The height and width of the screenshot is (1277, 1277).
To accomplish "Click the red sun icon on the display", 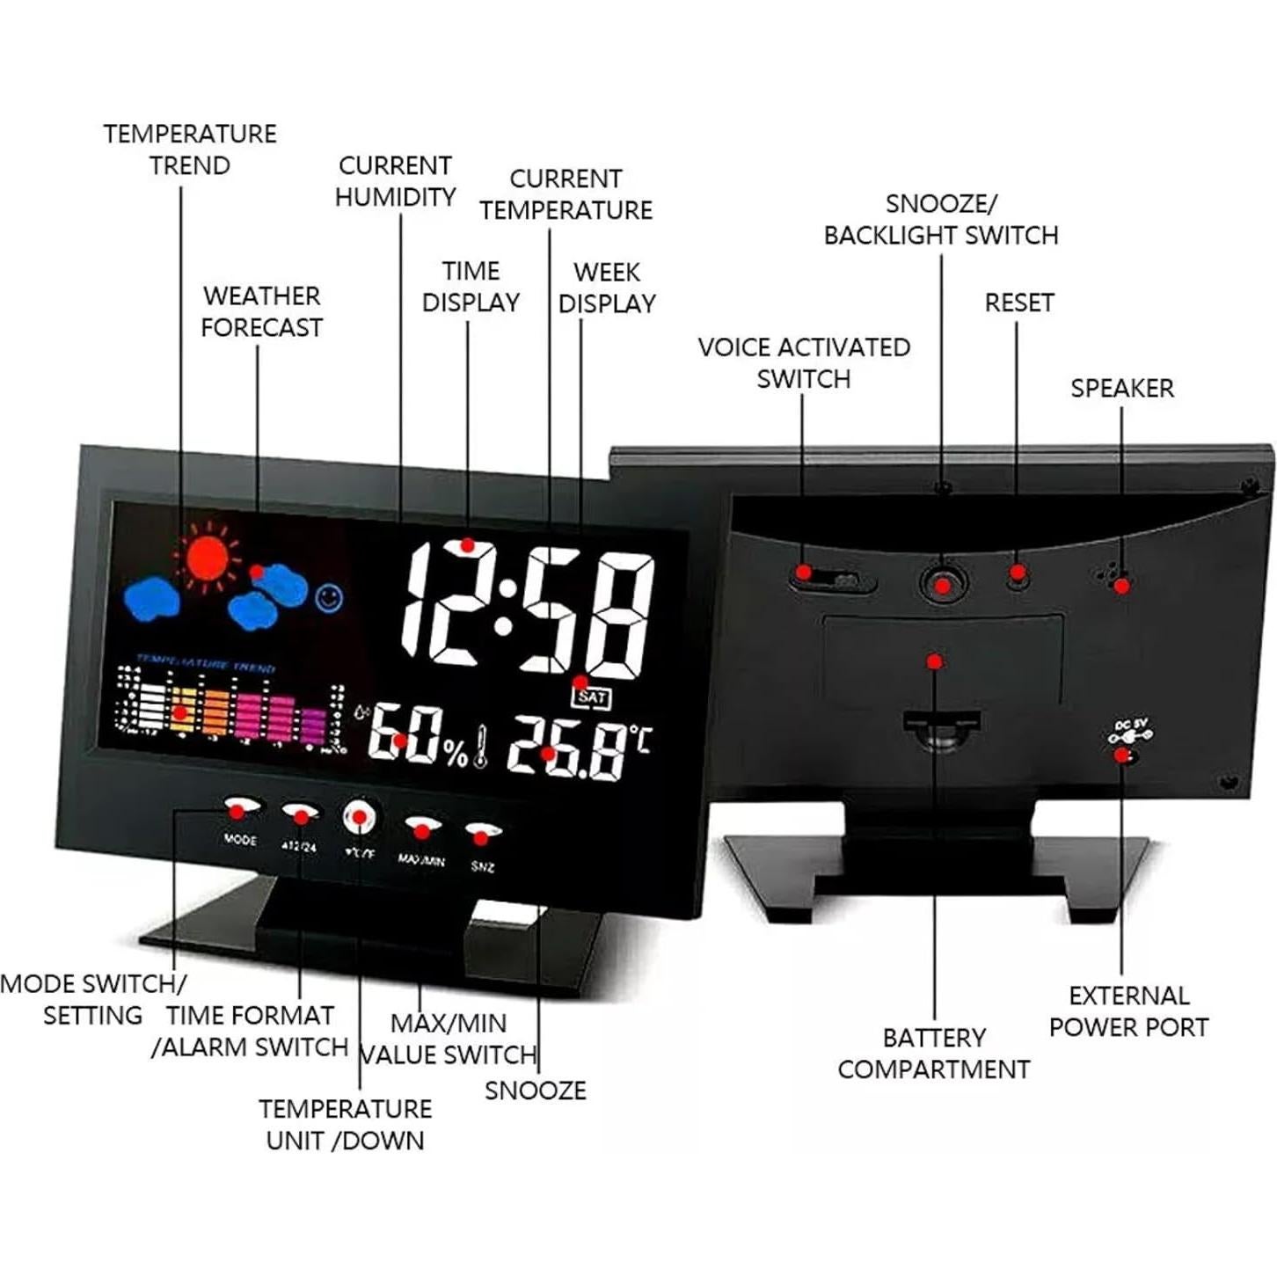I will pos(208,555).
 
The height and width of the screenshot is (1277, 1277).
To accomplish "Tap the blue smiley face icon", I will pos(329,598).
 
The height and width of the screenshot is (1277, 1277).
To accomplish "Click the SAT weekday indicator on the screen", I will pos(593,697).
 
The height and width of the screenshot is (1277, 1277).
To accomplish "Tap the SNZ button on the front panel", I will pos(482,833).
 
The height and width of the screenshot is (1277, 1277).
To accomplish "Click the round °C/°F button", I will pos(360,818).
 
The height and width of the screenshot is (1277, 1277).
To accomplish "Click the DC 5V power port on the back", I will pos(1125,755).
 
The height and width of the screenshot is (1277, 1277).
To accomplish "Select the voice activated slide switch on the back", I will pos(831,579).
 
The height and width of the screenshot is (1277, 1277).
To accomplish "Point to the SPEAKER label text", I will pos(1121,388).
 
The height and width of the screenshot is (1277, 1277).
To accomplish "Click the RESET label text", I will pos(1018,303).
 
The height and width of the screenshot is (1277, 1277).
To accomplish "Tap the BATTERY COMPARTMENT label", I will pos(933,1054).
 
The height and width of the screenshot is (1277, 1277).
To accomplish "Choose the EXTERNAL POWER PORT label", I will pos(1128,1011).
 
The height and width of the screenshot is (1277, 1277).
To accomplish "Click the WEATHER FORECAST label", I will pos(261,311).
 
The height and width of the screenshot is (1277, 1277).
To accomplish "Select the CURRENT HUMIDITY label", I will pos(395,181).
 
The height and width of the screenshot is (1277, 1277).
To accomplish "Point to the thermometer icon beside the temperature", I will pos(480,747).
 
